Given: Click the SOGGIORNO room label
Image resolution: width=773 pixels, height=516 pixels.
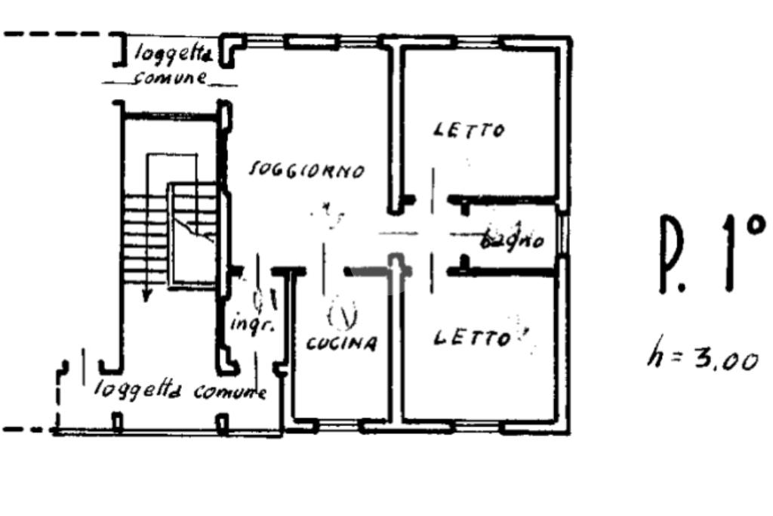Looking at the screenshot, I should click(307, 171).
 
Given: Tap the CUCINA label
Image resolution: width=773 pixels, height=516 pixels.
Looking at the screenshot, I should click(341, 344).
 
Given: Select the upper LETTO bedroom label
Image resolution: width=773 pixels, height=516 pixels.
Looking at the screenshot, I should click(468, 131).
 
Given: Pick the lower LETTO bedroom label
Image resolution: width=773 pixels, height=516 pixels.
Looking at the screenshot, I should click(471, 338).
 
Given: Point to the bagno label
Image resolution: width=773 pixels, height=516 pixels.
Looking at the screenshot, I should click(513, 241).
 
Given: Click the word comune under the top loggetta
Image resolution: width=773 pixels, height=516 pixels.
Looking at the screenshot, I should click(170, 78).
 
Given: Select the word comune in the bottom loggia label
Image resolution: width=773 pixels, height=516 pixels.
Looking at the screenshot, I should click(230, 392).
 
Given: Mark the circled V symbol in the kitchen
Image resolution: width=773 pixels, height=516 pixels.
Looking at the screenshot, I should click(343, 315).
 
